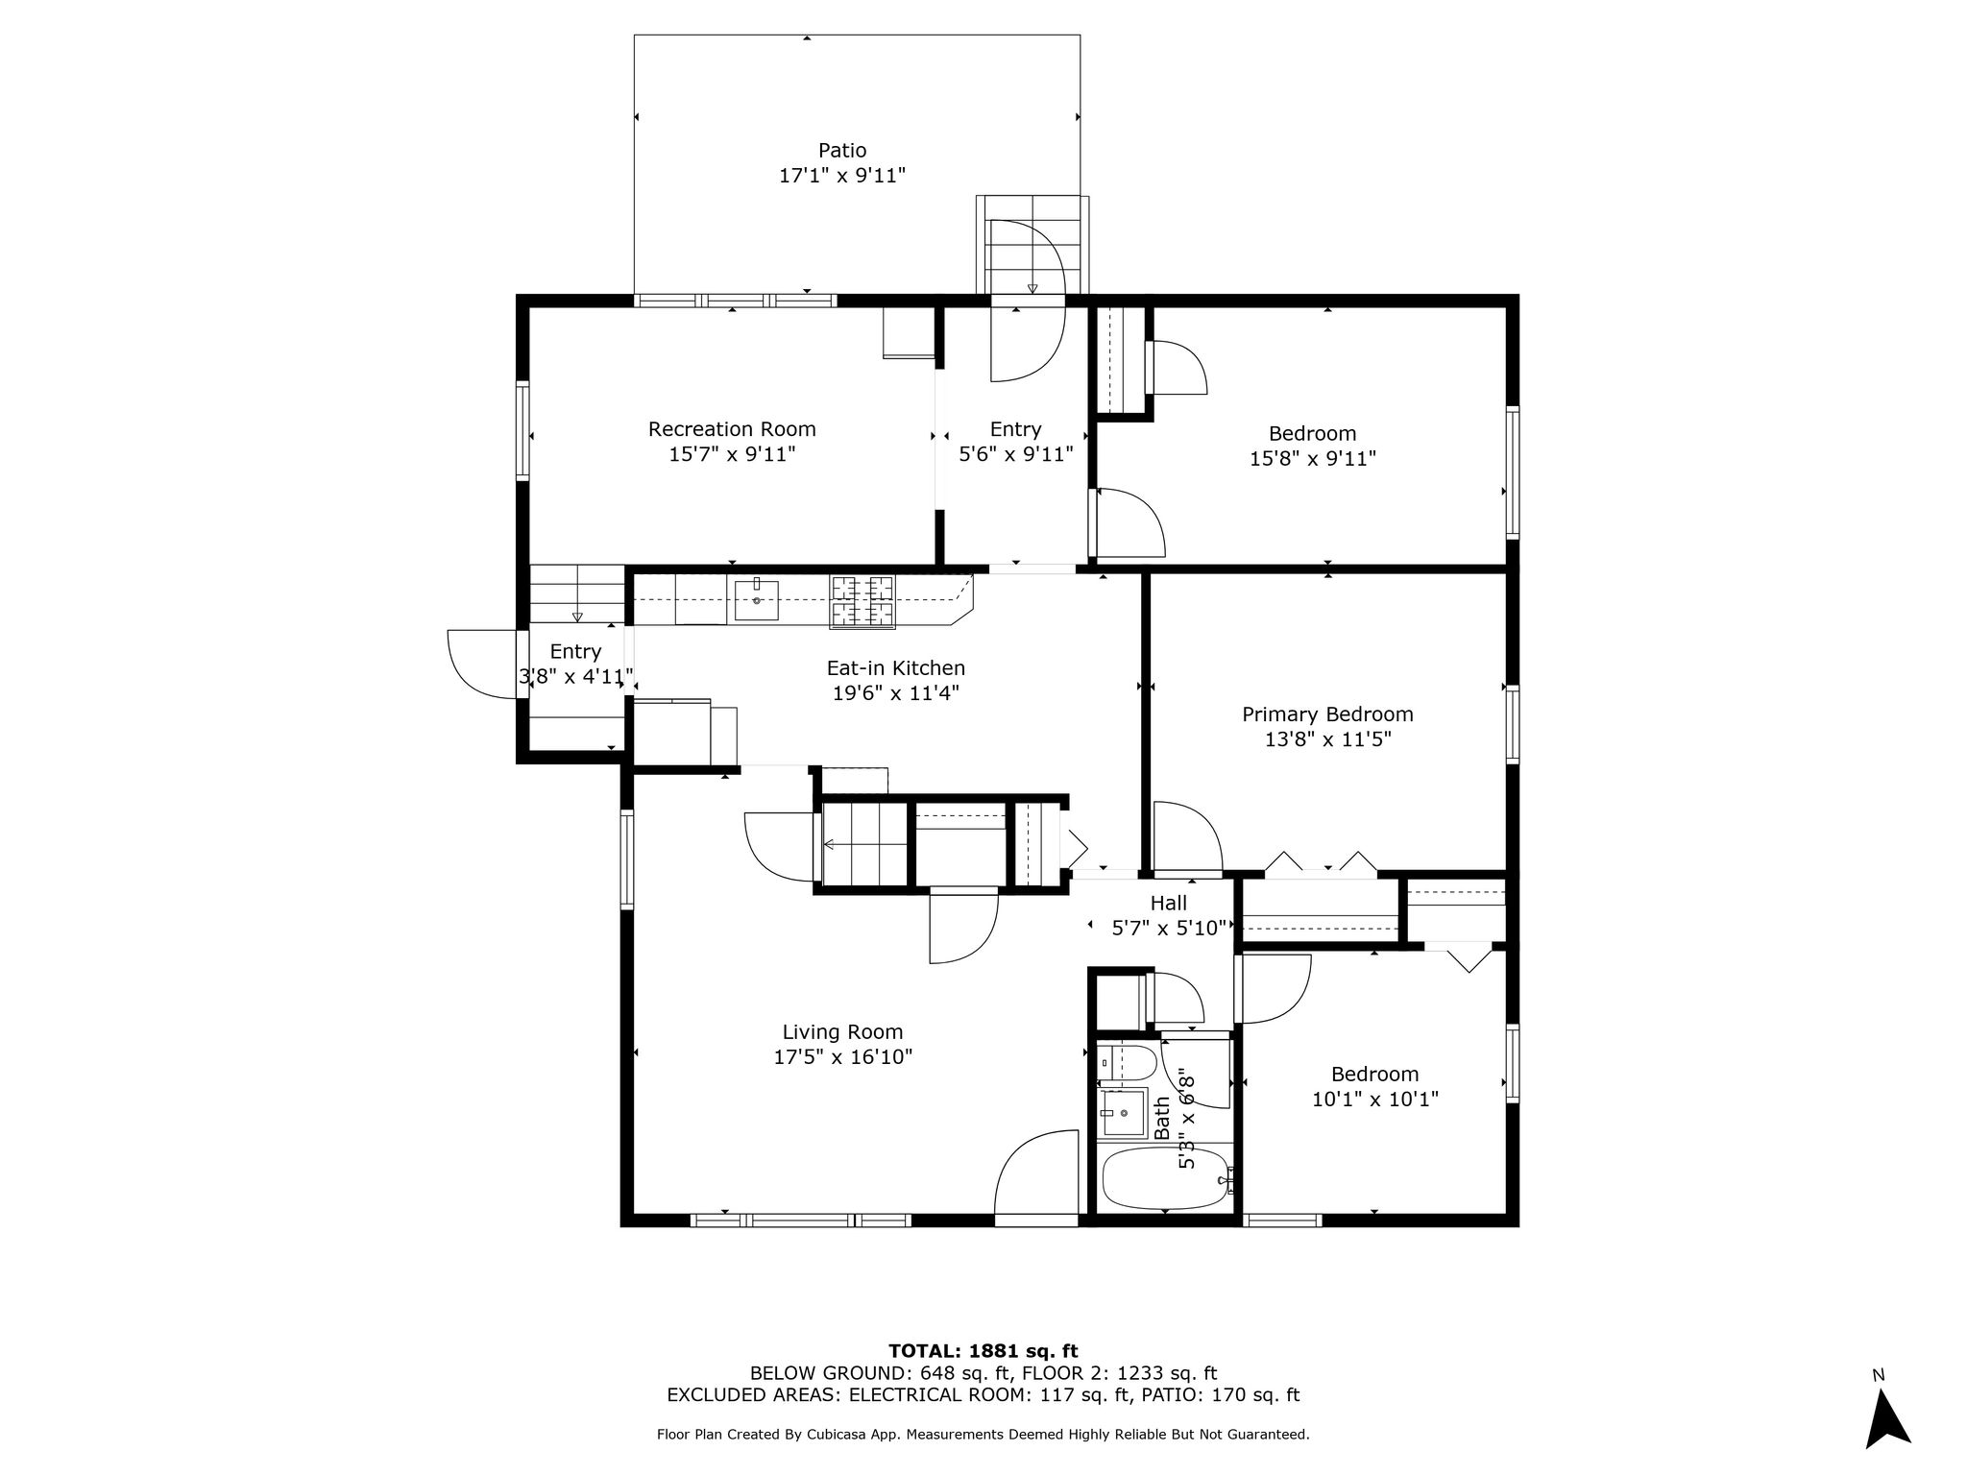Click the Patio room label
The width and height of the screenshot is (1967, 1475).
[842, 151]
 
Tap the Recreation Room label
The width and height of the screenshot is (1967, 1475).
[732, 429]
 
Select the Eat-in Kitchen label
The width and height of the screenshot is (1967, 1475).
[896, 668]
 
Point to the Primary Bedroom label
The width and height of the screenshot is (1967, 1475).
[1327, 714]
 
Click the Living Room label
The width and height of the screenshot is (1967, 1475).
[842, 1032]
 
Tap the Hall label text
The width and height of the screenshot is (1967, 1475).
[1169, 903]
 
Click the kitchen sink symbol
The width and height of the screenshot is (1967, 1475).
[757, 599]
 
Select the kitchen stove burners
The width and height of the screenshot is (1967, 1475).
[862, 601]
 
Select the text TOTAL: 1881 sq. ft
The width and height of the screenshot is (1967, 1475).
[983, 1352]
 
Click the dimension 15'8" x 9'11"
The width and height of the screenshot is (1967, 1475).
[1312, 459]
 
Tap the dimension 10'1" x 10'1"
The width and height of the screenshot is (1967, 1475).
[1374, 1099]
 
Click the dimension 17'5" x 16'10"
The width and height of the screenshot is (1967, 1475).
[842, 1057]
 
